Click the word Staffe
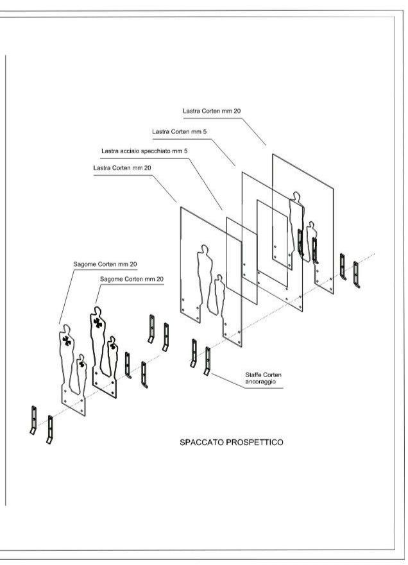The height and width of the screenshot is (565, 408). (253, 375)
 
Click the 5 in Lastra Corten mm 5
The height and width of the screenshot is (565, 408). (205, 131)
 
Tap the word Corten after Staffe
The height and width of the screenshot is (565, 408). (273, 375)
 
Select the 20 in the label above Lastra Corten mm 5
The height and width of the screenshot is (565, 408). (237, 111)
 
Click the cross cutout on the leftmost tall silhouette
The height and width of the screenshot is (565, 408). (67, 341)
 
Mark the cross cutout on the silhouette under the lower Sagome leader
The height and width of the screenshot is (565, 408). (98, 323)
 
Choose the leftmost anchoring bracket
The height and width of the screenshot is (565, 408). (33, 420)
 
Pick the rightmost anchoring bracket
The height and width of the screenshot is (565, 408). (357, 275)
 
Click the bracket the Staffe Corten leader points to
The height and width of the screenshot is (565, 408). (207, 361)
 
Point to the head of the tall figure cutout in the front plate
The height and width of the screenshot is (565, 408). (205, 249)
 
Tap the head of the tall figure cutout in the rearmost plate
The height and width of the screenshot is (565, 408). (296, 196)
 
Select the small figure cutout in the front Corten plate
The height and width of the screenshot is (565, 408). (218, 295)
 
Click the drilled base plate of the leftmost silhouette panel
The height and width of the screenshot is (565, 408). (74, 401)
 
